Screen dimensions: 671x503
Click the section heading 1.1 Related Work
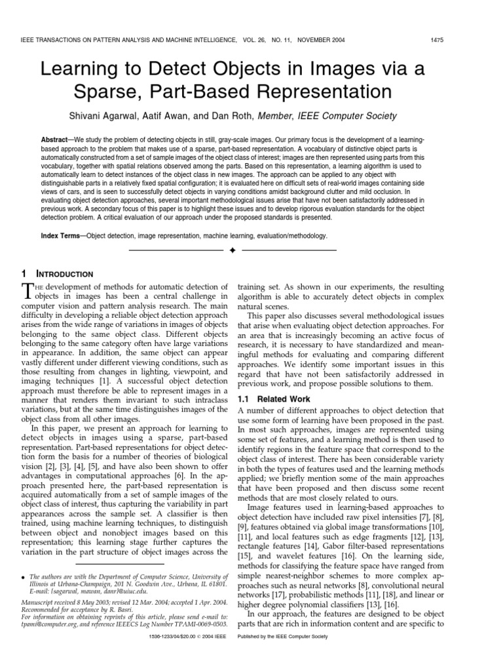(271, 398)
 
